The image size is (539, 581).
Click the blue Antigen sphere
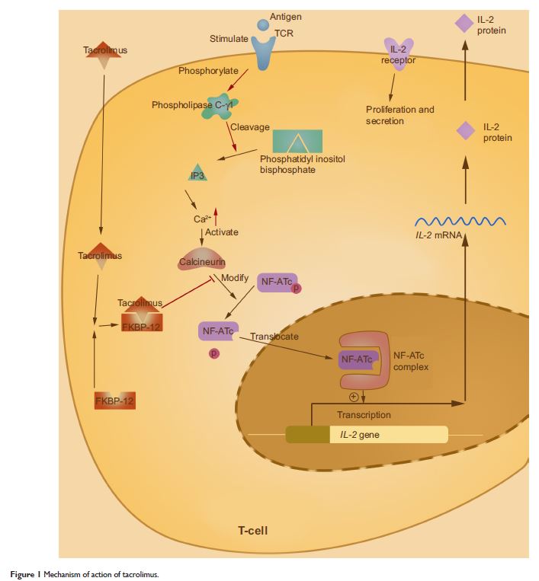[263, 25]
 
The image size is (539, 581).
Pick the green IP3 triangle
[197, 173]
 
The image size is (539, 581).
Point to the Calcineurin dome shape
[202, 257]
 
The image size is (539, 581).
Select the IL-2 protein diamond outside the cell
[464, 24]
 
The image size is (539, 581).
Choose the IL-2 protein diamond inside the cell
[465, 131]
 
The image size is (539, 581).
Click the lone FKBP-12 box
[115, 399]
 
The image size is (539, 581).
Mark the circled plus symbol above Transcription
[354, 396]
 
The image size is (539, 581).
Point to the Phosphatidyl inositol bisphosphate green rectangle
[297, 141]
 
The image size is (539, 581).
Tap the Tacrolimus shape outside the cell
[105, 61]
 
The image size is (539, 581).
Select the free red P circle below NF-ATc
[214, 353]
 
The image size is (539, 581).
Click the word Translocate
[274, 337]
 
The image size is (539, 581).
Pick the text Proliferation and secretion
[399, 115]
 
